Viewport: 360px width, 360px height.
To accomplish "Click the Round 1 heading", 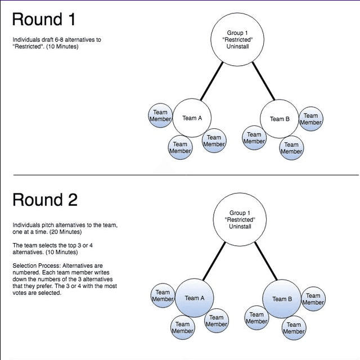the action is [x=44, y=19].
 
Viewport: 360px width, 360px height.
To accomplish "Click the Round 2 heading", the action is [x=45, y=200].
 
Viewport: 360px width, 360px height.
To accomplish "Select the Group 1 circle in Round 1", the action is [x=237, y=39].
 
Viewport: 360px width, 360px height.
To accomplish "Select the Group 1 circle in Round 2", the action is [x=240, y=219].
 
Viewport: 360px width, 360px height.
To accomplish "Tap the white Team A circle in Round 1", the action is [x=192, y=118].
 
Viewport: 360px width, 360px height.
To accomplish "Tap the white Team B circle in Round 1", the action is [x=280, y=119].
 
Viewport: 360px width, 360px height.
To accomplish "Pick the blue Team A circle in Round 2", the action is [x=195, y=298].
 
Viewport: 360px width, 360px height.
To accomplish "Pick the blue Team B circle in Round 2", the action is [x=282, y=299].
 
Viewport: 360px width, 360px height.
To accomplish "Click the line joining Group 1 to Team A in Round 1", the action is [x=211, y=81].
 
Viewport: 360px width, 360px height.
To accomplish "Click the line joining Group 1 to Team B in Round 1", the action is [x=264, y=81].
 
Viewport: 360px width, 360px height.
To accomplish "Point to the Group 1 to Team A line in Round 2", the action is [x=214, y=261].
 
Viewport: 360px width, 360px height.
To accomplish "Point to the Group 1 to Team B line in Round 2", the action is [x=266, y=261].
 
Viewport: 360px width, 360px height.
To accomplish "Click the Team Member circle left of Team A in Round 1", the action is [x=160, y=115].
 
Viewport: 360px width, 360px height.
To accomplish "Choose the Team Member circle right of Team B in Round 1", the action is [x=311, y=119].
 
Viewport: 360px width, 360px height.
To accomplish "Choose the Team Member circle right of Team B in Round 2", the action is [x=313, y=299].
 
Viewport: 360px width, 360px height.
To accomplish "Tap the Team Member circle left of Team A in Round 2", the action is [x=163, y=295].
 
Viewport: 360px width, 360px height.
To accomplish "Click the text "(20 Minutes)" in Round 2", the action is [x=65, y=232].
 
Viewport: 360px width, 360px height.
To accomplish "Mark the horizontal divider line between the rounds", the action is [x=186, y=175].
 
